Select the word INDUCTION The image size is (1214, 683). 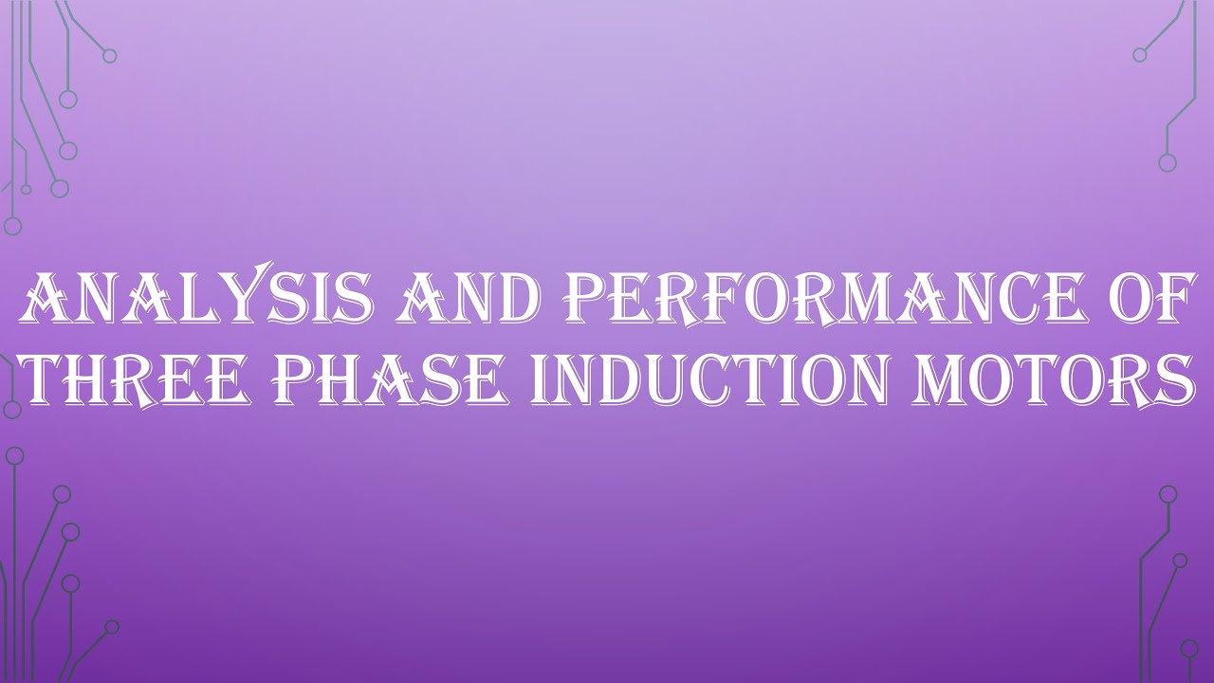tap(725, 381)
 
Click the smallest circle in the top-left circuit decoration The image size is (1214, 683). tap(26, 189)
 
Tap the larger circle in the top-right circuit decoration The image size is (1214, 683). tap(1168, 162)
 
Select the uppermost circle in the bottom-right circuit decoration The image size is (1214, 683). tap(1168, 494)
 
